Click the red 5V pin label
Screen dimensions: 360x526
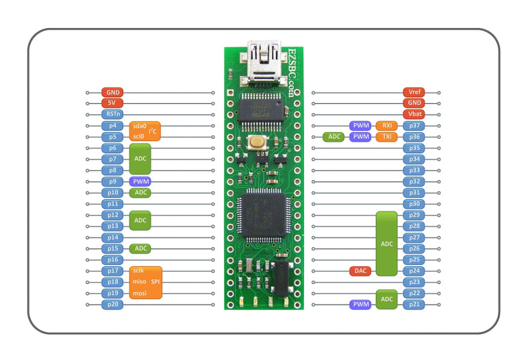pyautogui.click(x=112, y=103)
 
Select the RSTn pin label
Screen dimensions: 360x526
pyautogui.click(x=112, y=114)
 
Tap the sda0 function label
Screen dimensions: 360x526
pyautogui.click(x=140, y=126)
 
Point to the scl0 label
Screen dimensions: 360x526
pyautogui.click(x=140, y=136)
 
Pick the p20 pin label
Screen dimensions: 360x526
pyautogui.click(x=112, y=304)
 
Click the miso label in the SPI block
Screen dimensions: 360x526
pyautogui.click(x=140, y=282)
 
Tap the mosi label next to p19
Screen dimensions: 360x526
pyautogui.click(x=140, y=293)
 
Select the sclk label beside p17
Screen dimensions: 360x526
pyautogui.click(x=140, y=271)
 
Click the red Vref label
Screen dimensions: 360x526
pyautogui.click(x=414, y=92)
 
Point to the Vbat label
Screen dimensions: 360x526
pyautogui.click(x=414, y=114)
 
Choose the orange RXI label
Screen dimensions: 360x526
pyautogui.click(x=386, y=126)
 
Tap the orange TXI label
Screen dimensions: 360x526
pyautogui.click(x=386, y=137)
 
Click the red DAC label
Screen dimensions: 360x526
pyautogui.click(x=360, y=271)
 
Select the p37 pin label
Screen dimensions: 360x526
pyautogui.click(x=414, y=126)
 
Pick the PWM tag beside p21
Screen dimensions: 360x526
pyautogui.click(x=360, y=304)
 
